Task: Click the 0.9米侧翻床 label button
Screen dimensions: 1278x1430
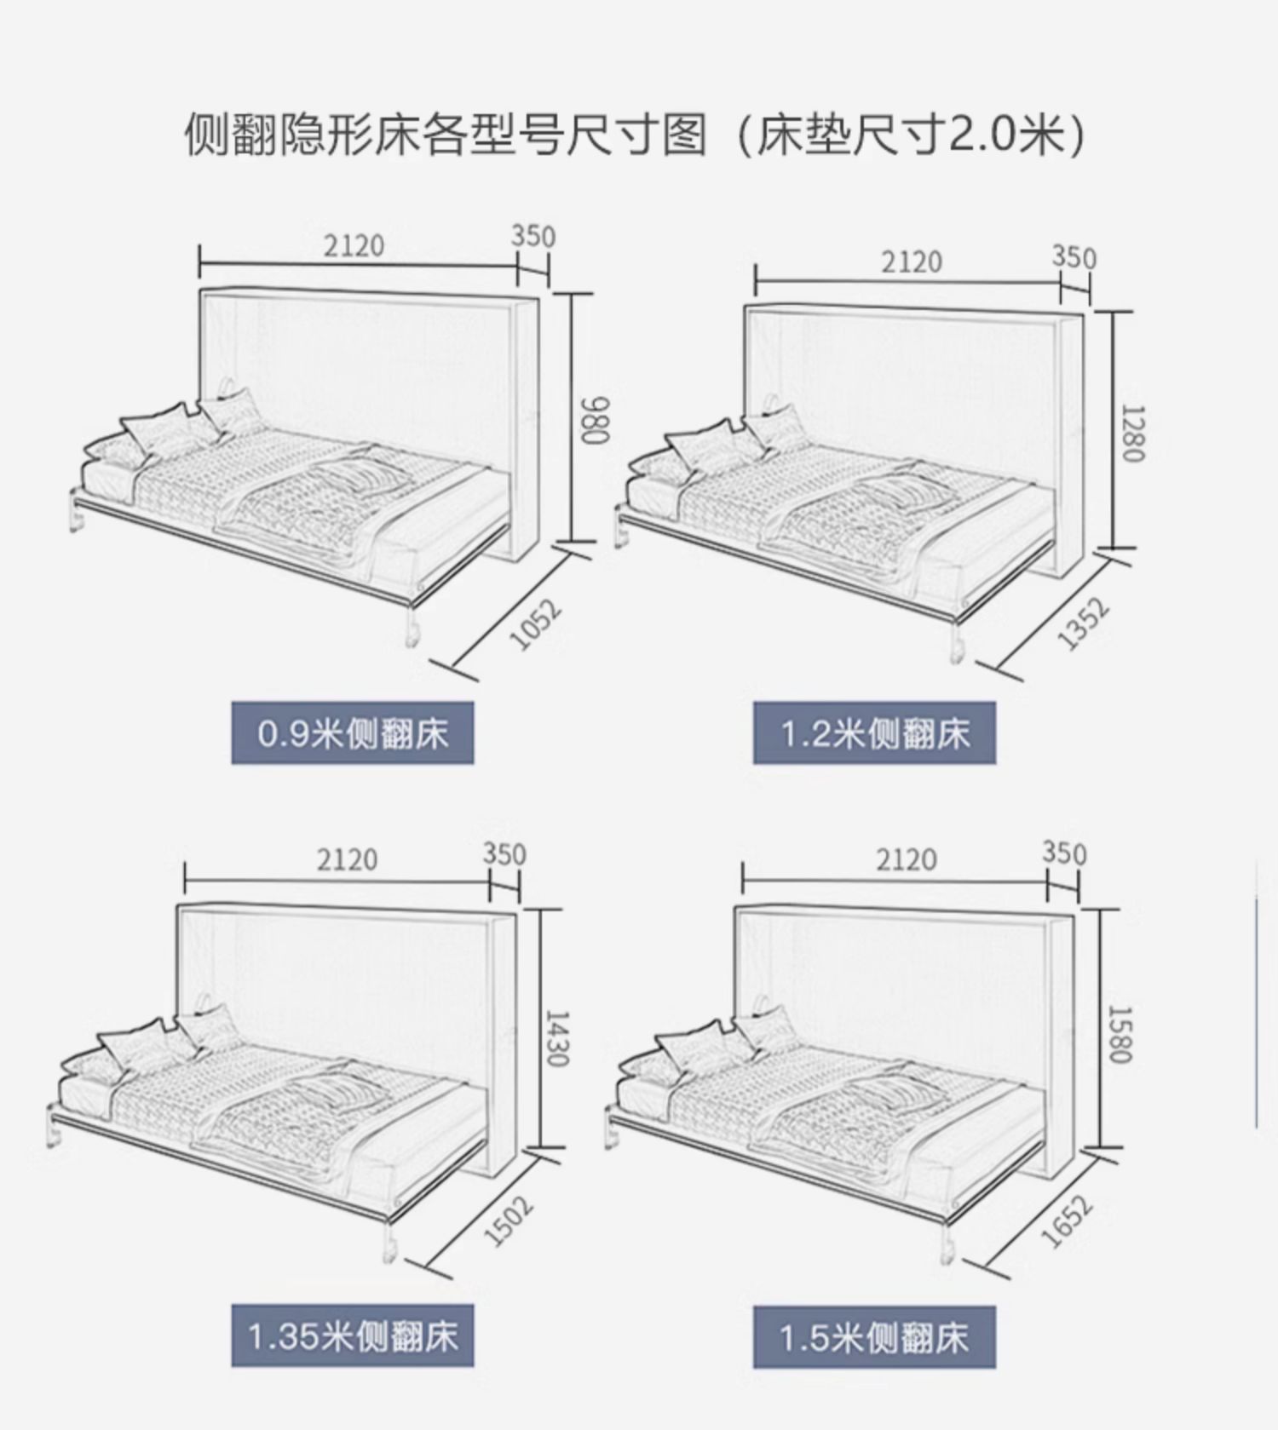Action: [x=352, y=733]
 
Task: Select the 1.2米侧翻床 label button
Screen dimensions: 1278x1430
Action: [x=874, y=733]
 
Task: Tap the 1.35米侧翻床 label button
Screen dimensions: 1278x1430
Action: [x=352, y=1336]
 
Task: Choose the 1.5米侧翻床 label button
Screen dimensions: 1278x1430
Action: [x=874, y=1336]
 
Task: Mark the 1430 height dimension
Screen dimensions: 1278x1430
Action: [x=556, y=1038]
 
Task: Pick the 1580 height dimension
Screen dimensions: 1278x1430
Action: [x=1120, y=1034]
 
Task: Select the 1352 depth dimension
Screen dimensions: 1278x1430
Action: [x=1084, y=624]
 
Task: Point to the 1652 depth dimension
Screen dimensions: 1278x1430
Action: [x=1067, y=1221]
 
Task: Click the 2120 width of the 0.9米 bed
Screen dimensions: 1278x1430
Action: [x=354, y=246]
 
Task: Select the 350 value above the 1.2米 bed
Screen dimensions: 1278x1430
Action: [x=1074, y=256]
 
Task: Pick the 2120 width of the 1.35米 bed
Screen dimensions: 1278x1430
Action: [x=347, y=859]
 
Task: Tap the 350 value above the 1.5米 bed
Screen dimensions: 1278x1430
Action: [x=1064, y=853]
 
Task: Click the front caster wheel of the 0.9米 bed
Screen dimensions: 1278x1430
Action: [x=412, y=632]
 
